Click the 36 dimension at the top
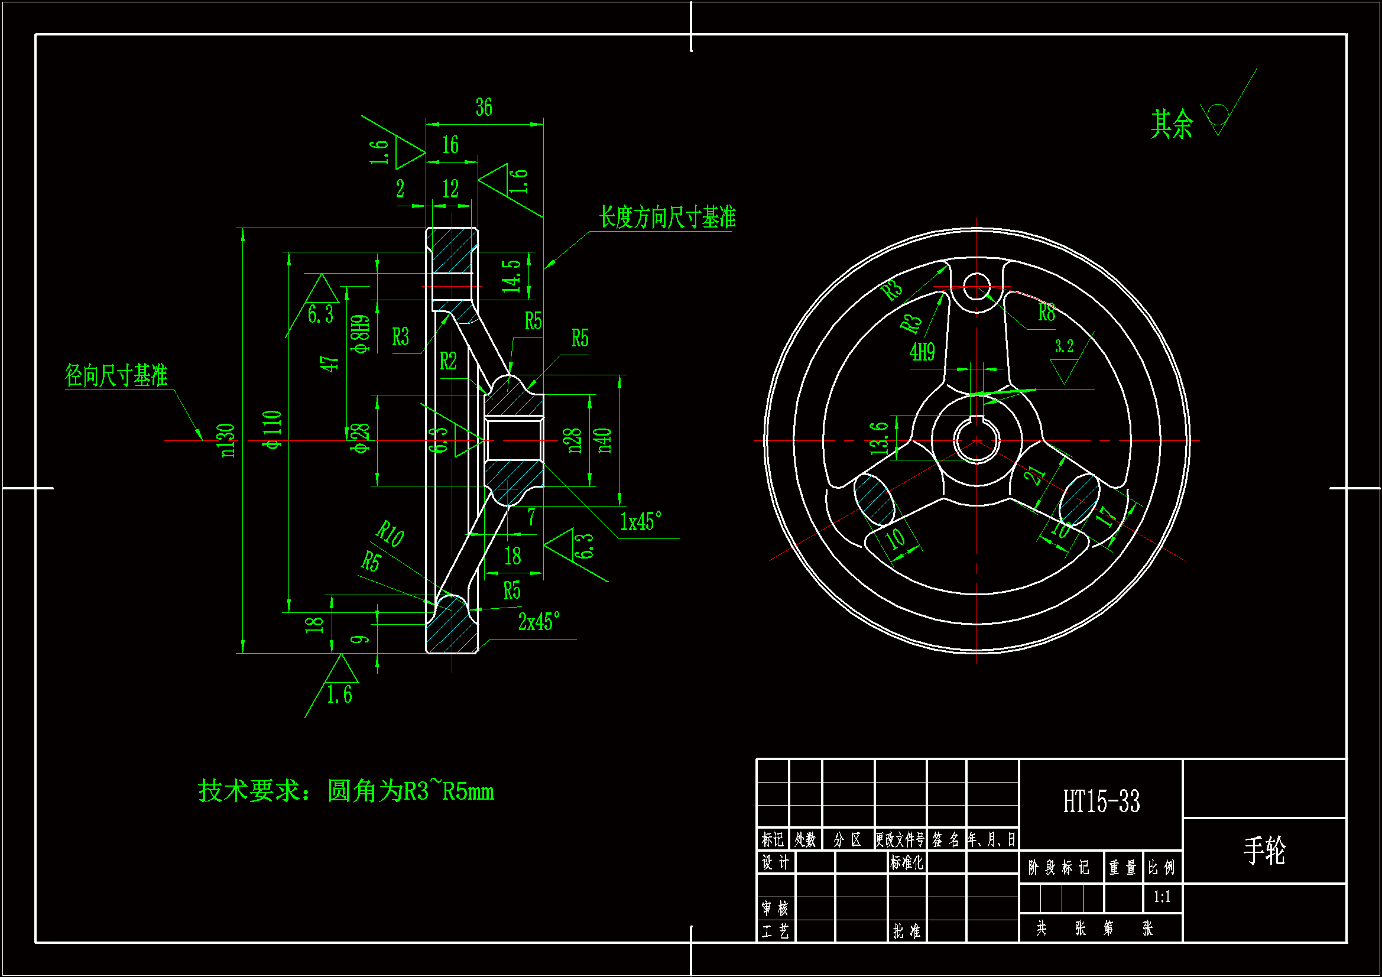pyautogui.click(x=484, y=108)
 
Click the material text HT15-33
pyautogui.click(x=1101, y=802)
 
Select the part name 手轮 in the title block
pyautogui.click(x=1264, y=851)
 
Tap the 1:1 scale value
pyautogui.click(x=1162, y=897)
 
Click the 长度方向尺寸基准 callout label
pyautogui.click(x=667, y=218)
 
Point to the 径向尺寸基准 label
pyautogui.click(x=116, y=376)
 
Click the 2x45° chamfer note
pyautogui.click(x=538, y=621)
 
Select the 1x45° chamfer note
pyautogui.click(x=640, y=521)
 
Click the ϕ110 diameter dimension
pyautogui.click(x=272, y=430)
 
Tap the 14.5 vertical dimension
pyautogui.click(x=512, y=276)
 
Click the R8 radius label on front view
pyautogui.click(x=1046, y=313)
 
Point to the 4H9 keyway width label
pyautogui.click(x=922, y=352)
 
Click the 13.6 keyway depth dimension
pyautogui.click(x=880, y=437)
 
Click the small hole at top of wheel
pyautogui.click(x=977, y=287)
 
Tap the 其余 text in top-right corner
pyautogui.click(x=1172, y=125)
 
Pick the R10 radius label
pyautogui.click(x=390, y=533)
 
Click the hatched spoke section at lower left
pyautogui.click(x=874, y=499)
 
